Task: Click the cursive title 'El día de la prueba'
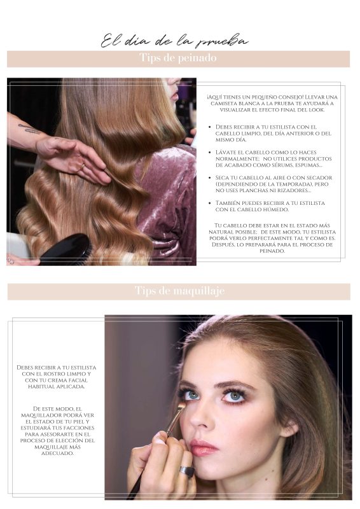pyautogui.click(x=174, y=41)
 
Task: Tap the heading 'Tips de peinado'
pyautogui.click(x=178, y=58)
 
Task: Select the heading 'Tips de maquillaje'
pyautogui.click(x=179, y=291)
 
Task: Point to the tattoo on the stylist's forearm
pyautogui.click(x=29, y=129)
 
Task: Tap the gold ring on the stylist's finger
pyautogui.click(x=83, y=167)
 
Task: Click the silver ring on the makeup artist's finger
pyautogui.click(x=187, y=471)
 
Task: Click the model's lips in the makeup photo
pyautogui.click(x=203, y=447)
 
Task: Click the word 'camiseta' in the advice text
pyautogui.click(x=224, y=104)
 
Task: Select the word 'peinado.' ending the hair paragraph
pyautogui.click(x=272, y=251)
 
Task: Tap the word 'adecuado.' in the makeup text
pyautogui.click(x=57, y=453)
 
